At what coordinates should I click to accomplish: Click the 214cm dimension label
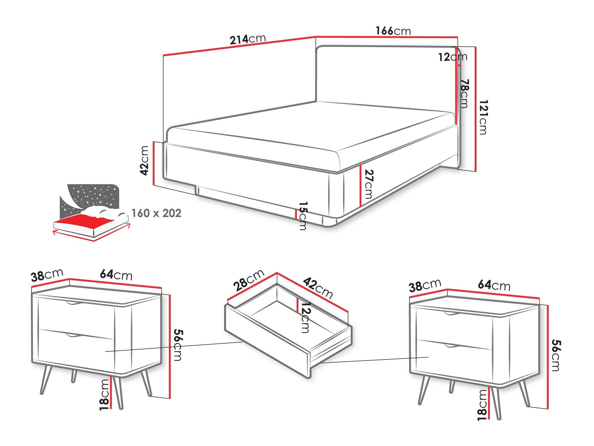247,39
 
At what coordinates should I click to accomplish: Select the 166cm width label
393,31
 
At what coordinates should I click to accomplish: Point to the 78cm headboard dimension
465,93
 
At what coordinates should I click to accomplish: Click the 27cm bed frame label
368,184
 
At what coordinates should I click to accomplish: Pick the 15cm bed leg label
303,216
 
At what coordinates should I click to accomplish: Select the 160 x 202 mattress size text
156,213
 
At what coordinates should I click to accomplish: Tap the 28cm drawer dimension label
248,280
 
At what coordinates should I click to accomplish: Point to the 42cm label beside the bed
145,160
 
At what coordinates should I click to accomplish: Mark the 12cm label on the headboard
452,57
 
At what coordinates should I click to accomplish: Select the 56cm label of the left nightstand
178,345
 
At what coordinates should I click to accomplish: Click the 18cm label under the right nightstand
482,405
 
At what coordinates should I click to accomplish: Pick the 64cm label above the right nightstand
494,285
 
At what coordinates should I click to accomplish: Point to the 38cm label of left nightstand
47,275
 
